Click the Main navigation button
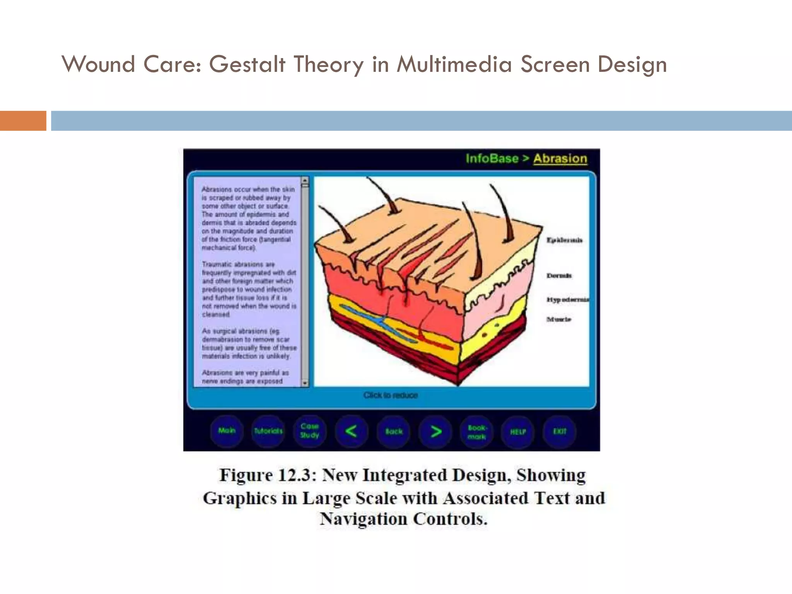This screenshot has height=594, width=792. click(227, 431)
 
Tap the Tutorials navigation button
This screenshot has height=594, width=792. click(268, 431)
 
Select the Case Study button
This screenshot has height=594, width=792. click(310, 431)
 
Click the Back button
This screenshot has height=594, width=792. click(394, 431)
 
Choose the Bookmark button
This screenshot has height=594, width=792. click(477, 432)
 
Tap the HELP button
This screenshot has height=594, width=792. click(518, 432)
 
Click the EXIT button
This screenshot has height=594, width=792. click(560, 431)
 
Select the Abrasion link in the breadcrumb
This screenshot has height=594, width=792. click(560, 159)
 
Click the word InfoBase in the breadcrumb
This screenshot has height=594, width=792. click(492, 159)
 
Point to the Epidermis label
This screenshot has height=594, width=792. click(564, 240)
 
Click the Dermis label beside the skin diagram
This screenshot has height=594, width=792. click(559, 276)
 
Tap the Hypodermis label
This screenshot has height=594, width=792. click(567, 299)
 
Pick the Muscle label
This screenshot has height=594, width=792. click(559, 319)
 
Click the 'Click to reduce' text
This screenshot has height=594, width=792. click(391, 395)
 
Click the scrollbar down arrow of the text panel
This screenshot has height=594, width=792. click(305, 383)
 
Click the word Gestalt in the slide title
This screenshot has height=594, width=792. click(247, 64)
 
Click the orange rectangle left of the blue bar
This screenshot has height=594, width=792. click(23, 121)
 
